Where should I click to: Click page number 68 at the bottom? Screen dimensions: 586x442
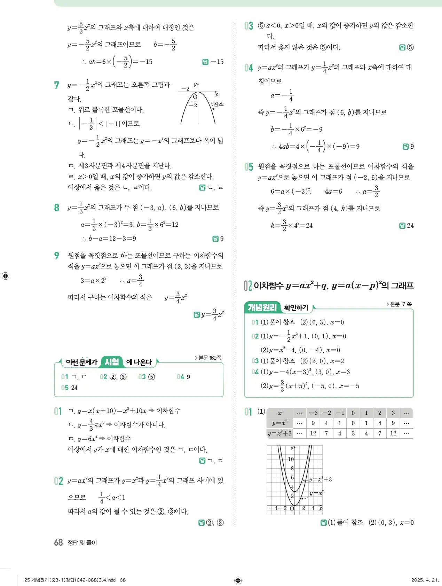coord(58,542)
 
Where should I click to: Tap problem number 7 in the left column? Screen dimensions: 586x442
coord(57,85)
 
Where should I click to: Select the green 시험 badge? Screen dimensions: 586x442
coord(112,362)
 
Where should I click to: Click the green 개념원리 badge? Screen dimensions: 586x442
coord(262,307)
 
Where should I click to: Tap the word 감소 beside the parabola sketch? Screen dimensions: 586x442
coord(219,104)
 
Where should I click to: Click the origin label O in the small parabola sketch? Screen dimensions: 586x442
coord(195,96)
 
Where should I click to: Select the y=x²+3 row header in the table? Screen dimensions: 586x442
coord(280,433)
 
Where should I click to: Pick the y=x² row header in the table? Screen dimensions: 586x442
coord(280,423)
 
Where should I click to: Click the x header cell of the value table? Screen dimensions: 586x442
coord(280,413)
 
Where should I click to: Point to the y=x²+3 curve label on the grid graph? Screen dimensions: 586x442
coord(321,479)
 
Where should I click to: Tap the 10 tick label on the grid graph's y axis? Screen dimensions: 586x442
coord(291,459)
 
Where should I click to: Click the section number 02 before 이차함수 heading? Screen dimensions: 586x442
coord(247,286)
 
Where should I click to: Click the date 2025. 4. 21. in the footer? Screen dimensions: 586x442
coord(425,580)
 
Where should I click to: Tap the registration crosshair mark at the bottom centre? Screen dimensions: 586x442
coord(238,580)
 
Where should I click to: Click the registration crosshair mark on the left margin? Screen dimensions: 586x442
coord(5,276)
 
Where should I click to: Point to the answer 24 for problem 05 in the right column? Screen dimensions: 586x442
coord(410,226)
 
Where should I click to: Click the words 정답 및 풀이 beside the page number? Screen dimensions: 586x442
coord(82,542)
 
